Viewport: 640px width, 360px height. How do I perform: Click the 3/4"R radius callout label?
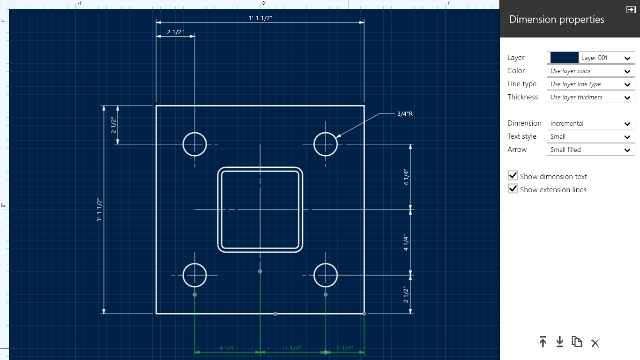pyautogui.click(x=404, y=113)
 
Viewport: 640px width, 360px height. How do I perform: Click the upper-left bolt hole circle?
pyautogui.click(x=194, y=144)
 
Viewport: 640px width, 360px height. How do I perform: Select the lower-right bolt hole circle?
pyautogui.click(x=326, y=275)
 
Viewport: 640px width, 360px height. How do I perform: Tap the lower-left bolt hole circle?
pyautogui.click(x=194, y=275)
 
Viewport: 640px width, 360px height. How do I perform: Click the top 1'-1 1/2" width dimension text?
pyautogui.click(x=260, y=18)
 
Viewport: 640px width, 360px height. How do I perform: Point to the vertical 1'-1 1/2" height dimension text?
pyautogui.click(x=99, y=210)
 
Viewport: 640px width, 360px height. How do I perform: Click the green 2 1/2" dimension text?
pyautogui.click(x=344, y=348)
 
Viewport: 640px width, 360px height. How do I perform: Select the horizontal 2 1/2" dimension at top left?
pyautogui.click(x=175, y=32)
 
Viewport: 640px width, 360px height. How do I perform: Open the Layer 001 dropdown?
pyautogui.click(x=591, y=58)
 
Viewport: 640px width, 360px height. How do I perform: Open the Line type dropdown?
pyautogui.click(x=591, y=84)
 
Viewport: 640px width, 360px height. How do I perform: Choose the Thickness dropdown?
pyautogui.click(x=591, y=97)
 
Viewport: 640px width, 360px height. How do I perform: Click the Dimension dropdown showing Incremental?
pyautogui.click(x=591, y=123)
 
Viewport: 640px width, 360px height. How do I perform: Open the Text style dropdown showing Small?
pyautogui.click(x=591, y=136)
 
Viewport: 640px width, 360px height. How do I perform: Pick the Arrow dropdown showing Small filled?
pyautogui.click(x=591, y=150)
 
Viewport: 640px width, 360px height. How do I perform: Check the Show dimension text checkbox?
pyautogui.click(x=513, y=176)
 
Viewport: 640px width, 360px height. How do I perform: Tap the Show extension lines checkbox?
pyautogui.click(x=513, y=189)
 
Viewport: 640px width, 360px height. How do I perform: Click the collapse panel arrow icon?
pyautogui.click(x=631, y=9)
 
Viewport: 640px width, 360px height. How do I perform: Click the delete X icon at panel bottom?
pyautogui.click(x=595, y=343)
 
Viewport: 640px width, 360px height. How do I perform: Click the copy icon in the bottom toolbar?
pyautogui.click(x=577, y=342)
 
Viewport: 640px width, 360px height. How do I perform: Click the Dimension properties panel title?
pyautogui.click(x=557, y=20)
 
